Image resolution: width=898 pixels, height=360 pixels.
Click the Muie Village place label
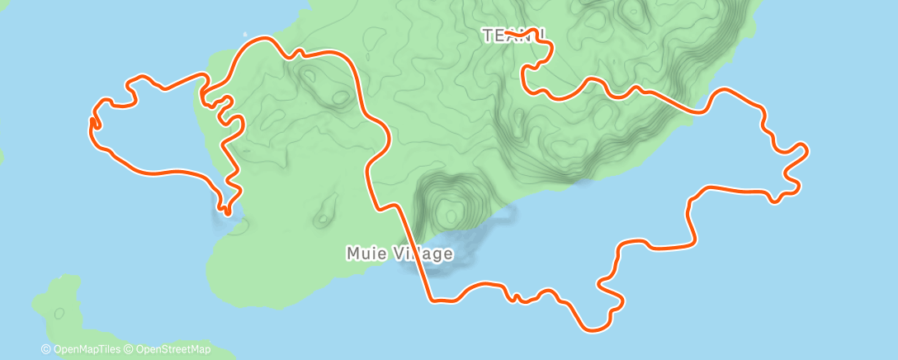tap(399, 253)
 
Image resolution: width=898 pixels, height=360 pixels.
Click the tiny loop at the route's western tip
tap(93, 123)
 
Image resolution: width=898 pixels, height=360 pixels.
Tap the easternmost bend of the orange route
tap(806, 149)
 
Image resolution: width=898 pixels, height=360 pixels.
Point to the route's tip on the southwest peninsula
tap(224, 211)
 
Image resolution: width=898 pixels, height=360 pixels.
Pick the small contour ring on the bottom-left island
tap(59, 313)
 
